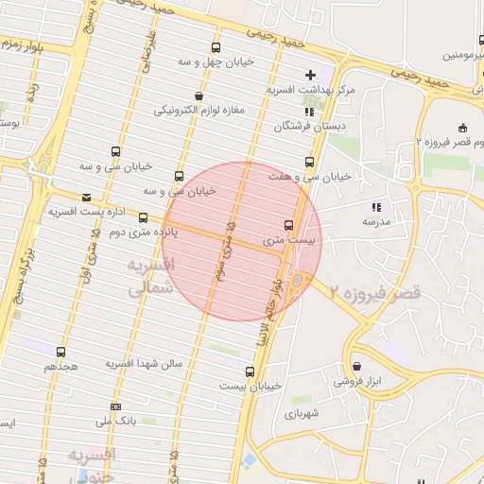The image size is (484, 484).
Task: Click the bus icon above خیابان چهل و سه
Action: [216, 47]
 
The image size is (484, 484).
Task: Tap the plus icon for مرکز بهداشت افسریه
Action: [310, 75]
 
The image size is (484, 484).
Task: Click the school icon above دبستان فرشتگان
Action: [309, 111]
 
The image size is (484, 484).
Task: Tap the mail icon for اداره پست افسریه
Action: [87, 198]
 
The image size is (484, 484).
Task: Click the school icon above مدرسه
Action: [376, 206]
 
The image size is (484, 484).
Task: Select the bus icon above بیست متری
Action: [288, 225]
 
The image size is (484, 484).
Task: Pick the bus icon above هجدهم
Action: [61, 351]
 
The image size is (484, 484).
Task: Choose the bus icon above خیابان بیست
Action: [250, 372]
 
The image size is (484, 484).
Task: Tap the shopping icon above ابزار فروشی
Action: [356, 367]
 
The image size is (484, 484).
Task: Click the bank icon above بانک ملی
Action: [115, 407]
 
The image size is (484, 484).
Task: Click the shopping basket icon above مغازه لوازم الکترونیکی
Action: [199, 95]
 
